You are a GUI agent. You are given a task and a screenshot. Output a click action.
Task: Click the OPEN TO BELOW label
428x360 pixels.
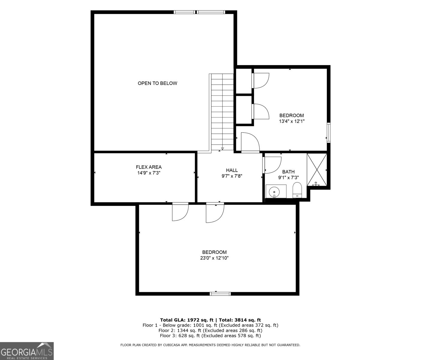(x=157, y=83)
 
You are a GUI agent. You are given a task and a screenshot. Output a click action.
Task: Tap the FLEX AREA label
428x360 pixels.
(x=149, y=167)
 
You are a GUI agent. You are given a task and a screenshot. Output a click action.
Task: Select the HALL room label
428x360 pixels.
(x=232, y=170)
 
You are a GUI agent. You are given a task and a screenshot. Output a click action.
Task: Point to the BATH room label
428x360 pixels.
(x=288, y=172)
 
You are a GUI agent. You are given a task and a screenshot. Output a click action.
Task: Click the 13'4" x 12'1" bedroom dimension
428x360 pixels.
(x=292, y=121)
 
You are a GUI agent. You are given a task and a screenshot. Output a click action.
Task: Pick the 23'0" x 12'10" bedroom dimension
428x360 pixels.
(x=214, y=258)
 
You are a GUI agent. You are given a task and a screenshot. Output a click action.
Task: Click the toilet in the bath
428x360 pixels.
(x=297, y=190)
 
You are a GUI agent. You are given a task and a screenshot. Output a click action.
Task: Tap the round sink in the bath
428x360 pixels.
(x=274, y=191)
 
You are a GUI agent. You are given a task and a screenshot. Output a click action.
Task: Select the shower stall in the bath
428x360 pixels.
(x=317, y=169)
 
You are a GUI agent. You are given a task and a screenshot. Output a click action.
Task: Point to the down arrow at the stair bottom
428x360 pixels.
(x=222, y=148)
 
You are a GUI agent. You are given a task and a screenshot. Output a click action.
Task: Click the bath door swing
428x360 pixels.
(x=272, y=165)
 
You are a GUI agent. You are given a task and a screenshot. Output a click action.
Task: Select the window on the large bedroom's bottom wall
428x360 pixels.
(x=220, y=293)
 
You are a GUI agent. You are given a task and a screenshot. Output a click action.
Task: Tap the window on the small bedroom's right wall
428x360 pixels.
(x=329, y=132)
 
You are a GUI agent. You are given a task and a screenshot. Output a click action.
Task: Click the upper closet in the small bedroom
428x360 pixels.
(x=243, y=81)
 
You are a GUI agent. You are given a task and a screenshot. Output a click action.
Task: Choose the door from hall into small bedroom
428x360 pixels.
(x=250, y=143)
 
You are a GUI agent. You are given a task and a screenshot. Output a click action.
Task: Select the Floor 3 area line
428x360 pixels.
(x=210, y=336)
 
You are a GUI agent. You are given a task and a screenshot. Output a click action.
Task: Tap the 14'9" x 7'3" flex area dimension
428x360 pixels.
(x=149, y=173)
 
